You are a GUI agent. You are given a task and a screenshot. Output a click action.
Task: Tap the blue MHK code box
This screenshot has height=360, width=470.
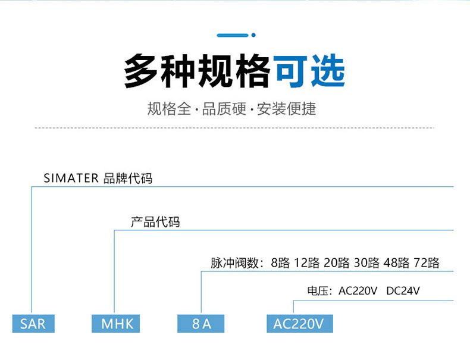[116, 324]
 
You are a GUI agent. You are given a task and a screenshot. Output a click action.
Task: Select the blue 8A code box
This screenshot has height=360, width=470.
[202, 324]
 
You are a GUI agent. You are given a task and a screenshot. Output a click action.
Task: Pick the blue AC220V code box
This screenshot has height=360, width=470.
[299, 324]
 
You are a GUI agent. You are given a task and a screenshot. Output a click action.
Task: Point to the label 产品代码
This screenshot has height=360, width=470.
[155, 223]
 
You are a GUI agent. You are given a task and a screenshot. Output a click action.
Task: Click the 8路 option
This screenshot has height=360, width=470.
[280, 263]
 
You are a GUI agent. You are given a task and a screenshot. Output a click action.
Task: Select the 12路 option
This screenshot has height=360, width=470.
[307, 263]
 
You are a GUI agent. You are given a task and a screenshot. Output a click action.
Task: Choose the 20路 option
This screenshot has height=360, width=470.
[337, 263]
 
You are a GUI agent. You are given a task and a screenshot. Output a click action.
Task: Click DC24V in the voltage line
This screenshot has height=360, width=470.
[403, 292]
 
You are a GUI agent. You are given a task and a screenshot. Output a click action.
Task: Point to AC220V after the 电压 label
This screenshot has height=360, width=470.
[358, 292]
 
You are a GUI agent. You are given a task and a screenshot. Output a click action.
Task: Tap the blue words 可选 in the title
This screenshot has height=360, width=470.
[309, 71]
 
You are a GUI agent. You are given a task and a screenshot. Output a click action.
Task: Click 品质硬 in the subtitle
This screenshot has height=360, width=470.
[224, 109]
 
